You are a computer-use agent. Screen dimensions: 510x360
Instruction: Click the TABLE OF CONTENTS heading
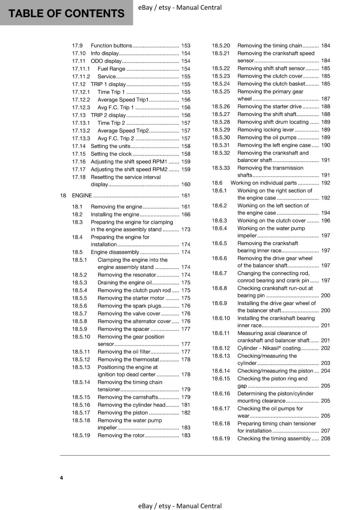coord(66,13)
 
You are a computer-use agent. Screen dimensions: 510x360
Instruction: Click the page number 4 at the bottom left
coord(61,477)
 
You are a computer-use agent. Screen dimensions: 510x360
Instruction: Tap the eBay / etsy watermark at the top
coord(180,7)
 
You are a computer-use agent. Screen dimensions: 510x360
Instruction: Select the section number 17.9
coord(77,46)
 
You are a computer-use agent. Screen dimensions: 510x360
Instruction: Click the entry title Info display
coord(104,53)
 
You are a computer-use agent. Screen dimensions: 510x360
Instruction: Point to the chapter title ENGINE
coord(82,195)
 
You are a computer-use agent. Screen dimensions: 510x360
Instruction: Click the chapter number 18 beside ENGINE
coord(63,195)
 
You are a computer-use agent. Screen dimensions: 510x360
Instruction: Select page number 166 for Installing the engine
coord(185,215)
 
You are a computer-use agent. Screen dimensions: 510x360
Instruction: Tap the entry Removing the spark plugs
coord(129,306)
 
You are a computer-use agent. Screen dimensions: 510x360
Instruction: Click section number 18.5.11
coord(81,352)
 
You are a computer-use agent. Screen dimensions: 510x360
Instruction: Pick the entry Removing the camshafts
coord(128,397)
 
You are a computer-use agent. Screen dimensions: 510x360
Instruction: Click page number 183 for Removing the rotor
coord(185,435)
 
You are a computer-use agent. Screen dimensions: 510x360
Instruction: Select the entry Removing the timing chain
coord(270,46)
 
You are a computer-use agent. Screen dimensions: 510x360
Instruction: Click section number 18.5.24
coord(221,84)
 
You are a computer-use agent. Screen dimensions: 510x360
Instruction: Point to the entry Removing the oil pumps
coord(267,137)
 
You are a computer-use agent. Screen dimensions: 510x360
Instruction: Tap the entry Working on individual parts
coord(263,183)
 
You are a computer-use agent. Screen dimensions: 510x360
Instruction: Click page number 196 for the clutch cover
coord(326,221)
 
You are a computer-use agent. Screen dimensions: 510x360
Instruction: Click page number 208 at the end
coord(326,439)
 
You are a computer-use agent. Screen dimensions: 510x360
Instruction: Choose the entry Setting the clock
coord(111,154)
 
